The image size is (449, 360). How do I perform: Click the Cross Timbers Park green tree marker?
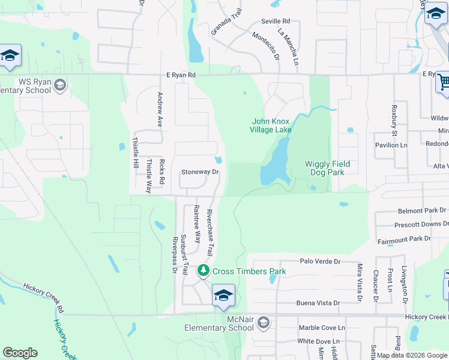203,271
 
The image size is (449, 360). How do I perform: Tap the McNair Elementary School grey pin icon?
262,324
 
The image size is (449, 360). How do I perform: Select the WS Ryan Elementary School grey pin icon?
59,86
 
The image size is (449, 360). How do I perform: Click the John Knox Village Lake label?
271,125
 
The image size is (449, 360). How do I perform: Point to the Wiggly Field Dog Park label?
327,168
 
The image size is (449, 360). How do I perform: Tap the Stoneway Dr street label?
200,172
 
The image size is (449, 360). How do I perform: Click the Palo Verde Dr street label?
319,262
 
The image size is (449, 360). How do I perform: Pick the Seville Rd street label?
276,21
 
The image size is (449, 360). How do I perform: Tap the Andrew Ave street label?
160,109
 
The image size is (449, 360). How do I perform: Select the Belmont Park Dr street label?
422,211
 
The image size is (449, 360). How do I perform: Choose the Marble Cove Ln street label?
322,328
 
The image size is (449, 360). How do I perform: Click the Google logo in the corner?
20,352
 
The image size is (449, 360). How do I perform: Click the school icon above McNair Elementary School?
223,296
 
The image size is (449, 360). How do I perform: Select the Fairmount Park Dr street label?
404,238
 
